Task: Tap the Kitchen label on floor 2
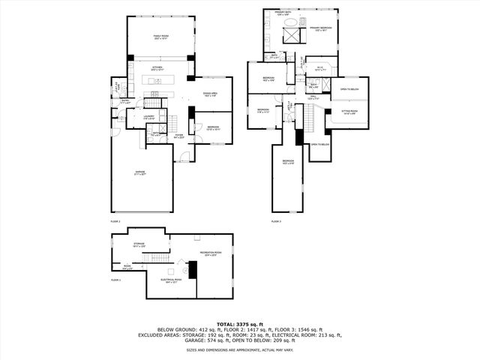[157, 68]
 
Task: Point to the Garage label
[140, 172]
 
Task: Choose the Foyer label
[179, 136]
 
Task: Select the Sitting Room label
[349, 112]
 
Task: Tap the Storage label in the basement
[139, 244]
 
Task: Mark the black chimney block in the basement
[192, 269]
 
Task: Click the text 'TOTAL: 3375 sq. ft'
[240, 324]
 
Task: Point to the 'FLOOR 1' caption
[115, 280]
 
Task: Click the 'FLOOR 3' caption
[275, 221]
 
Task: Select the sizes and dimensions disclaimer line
[240, 349]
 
